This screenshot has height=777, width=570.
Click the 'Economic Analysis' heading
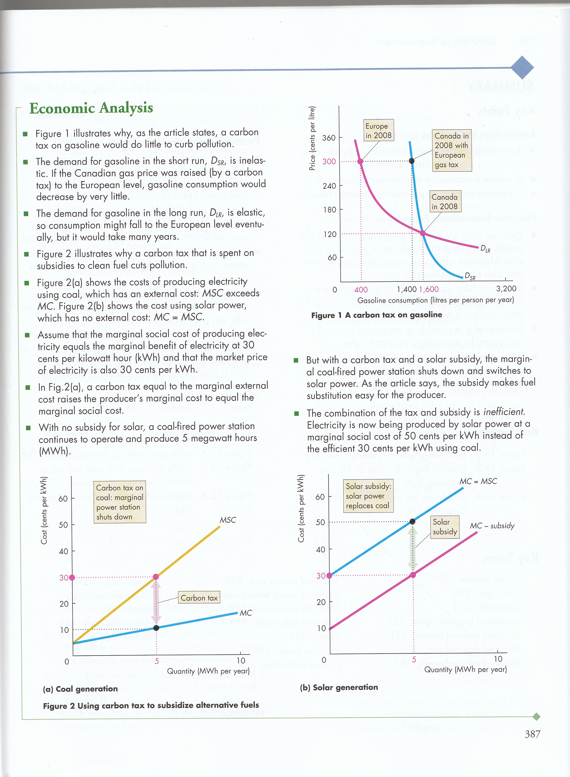[x=91, y=108]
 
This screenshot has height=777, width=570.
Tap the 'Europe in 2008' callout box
[x=378, y=130]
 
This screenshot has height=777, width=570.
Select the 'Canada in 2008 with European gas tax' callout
[x=451, y=151]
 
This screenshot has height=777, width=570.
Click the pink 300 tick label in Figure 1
[x=329, y=162]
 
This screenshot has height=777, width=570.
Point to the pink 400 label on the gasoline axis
[x=361, y=290]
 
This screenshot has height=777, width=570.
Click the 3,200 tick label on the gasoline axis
[x=506, y=289]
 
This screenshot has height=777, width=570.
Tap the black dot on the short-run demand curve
[x=412, y=161]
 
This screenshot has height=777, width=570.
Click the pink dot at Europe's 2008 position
[x=360, y=161]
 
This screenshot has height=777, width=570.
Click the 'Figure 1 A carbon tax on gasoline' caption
[x=376, y=315]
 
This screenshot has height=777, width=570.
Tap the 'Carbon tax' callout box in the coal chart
[x=199, y=598]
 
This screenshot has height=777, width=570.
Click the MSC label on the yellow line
[x=228, y=520]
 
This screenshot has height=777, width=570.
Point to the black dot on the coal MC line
[x=156, y=628]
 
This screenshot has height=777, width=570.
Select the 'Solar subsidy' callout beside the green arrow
[x=445, y=527]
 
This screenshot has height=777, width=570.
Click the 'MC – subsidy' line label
[x=492, y=526]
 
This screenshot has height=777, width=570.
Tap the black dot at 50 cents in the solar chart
[x=412, y=522]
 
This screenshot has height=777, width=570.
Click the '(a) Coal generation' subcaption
[x=80, y=689]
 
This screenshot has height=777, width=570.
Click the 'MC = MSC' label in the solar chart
[x=478, y=481]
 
